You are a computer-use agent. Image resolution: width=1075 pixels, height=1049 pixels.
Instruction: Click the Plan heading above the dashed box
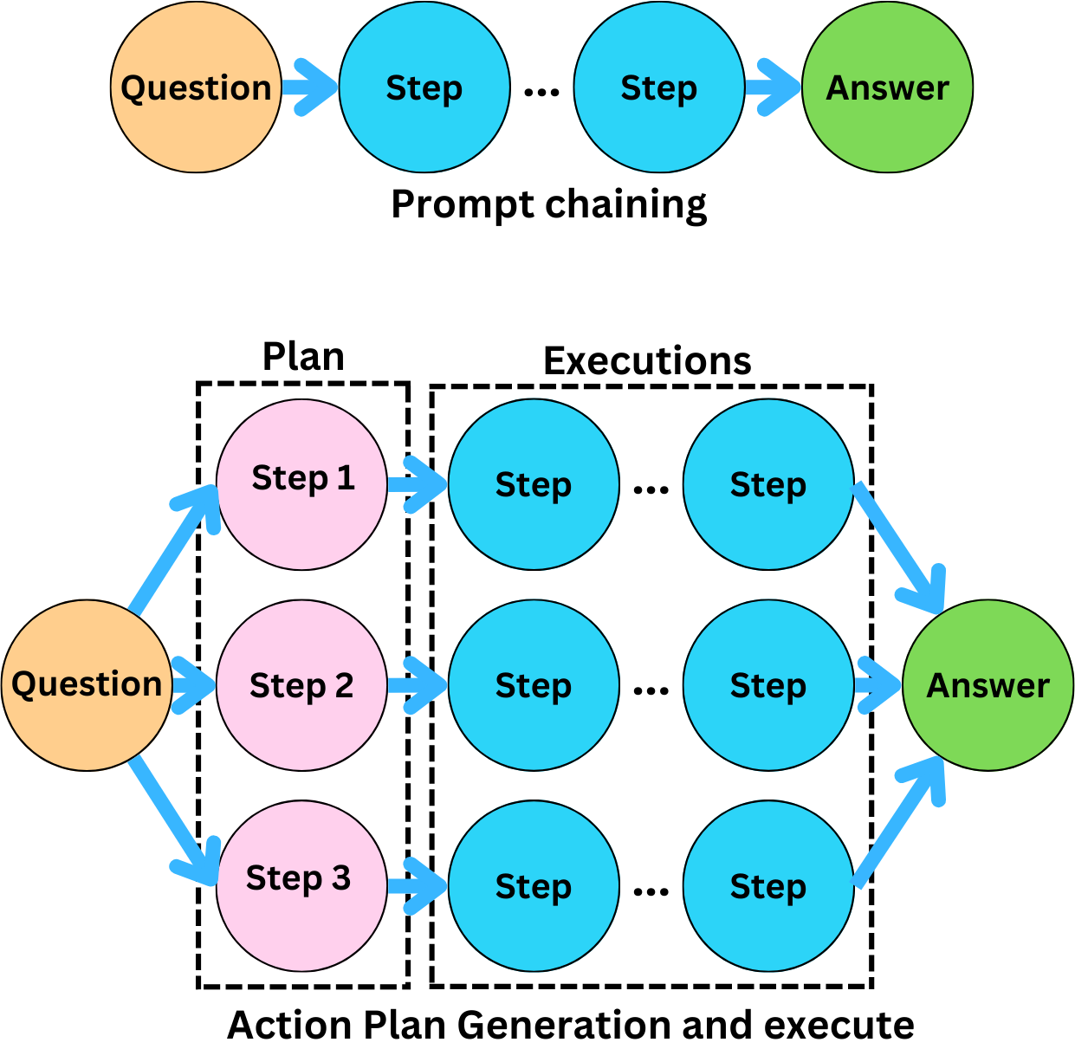click(x=303, y=357)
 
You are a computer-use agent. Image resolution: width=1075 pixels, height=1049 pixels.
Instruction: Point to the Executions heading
click(x=647, y=361)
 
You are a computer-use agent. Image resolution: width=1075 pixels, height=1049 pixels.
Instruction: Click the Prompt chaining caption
click(x=548, y=205)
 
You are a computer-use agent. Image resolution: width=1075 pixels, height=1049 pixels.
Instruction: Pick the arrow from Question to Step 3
click(x=173, y=819)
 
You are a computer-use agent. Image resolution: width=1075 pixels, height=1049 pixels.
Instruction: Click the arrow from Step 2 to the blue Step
click(x=416, y=685)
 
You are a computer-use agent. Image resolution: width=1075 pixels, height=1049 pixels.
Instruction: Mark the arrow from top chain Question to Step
click(x=308, y=87)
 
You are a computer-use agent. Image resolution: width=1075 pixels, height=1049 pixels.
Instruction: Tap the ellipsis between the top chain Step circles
click(x=541, y=90)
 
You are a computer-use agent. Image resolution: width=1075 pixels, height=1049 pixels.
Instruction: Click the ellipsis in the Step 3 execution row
click(x=651, y=891)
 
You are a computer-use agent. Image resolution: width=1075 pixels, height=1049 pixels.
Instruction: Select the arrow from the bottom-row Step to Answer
click(x=899, y=823)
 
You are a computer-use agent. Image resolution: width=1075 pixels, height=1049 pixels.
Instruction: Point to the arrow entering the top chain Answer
click(x=773, y=87)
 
